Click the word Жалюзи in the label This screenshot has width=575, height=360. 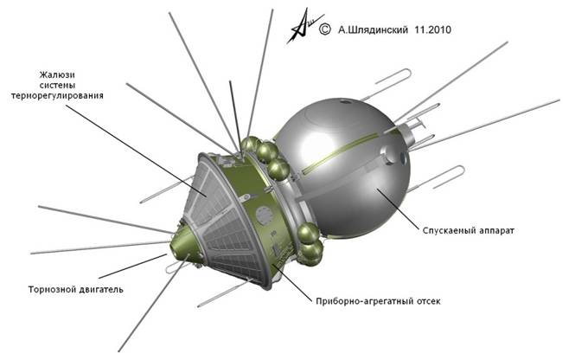[x=57, y=75]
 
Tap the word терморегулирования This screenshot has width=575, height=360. [x=57, y=96]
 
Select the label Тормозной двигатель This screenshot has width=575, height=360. [x=76, y=289]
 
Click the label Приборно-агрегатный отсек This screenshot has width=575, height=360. [x=378, y=301]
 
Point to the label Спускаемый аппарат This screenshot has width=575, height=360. [x=469, y=231]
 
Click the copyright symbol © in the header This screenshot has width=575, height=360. [x=325, y=29]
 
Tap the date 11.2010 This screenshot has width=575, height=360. [x=433, y=29]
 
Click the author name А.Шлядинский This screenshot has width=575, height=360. [x=373, y=30]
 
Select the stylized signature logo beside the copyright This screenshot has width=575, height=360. [x=304, y=27]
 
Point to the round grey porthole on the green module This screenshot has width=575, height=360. [x=264, y=215]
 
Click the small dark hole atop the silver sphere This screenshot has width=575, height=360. [x=345, y=101]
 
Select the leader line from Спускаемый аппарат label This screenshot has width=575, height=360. [x=399, y=208]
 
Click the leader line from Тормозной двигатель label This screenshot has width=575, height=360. [x=132, y=267]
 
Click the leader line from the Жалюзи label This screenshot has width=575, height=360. [x=136, y=151]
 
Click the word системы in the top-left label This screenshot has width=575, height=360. [x=57, y=85]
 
